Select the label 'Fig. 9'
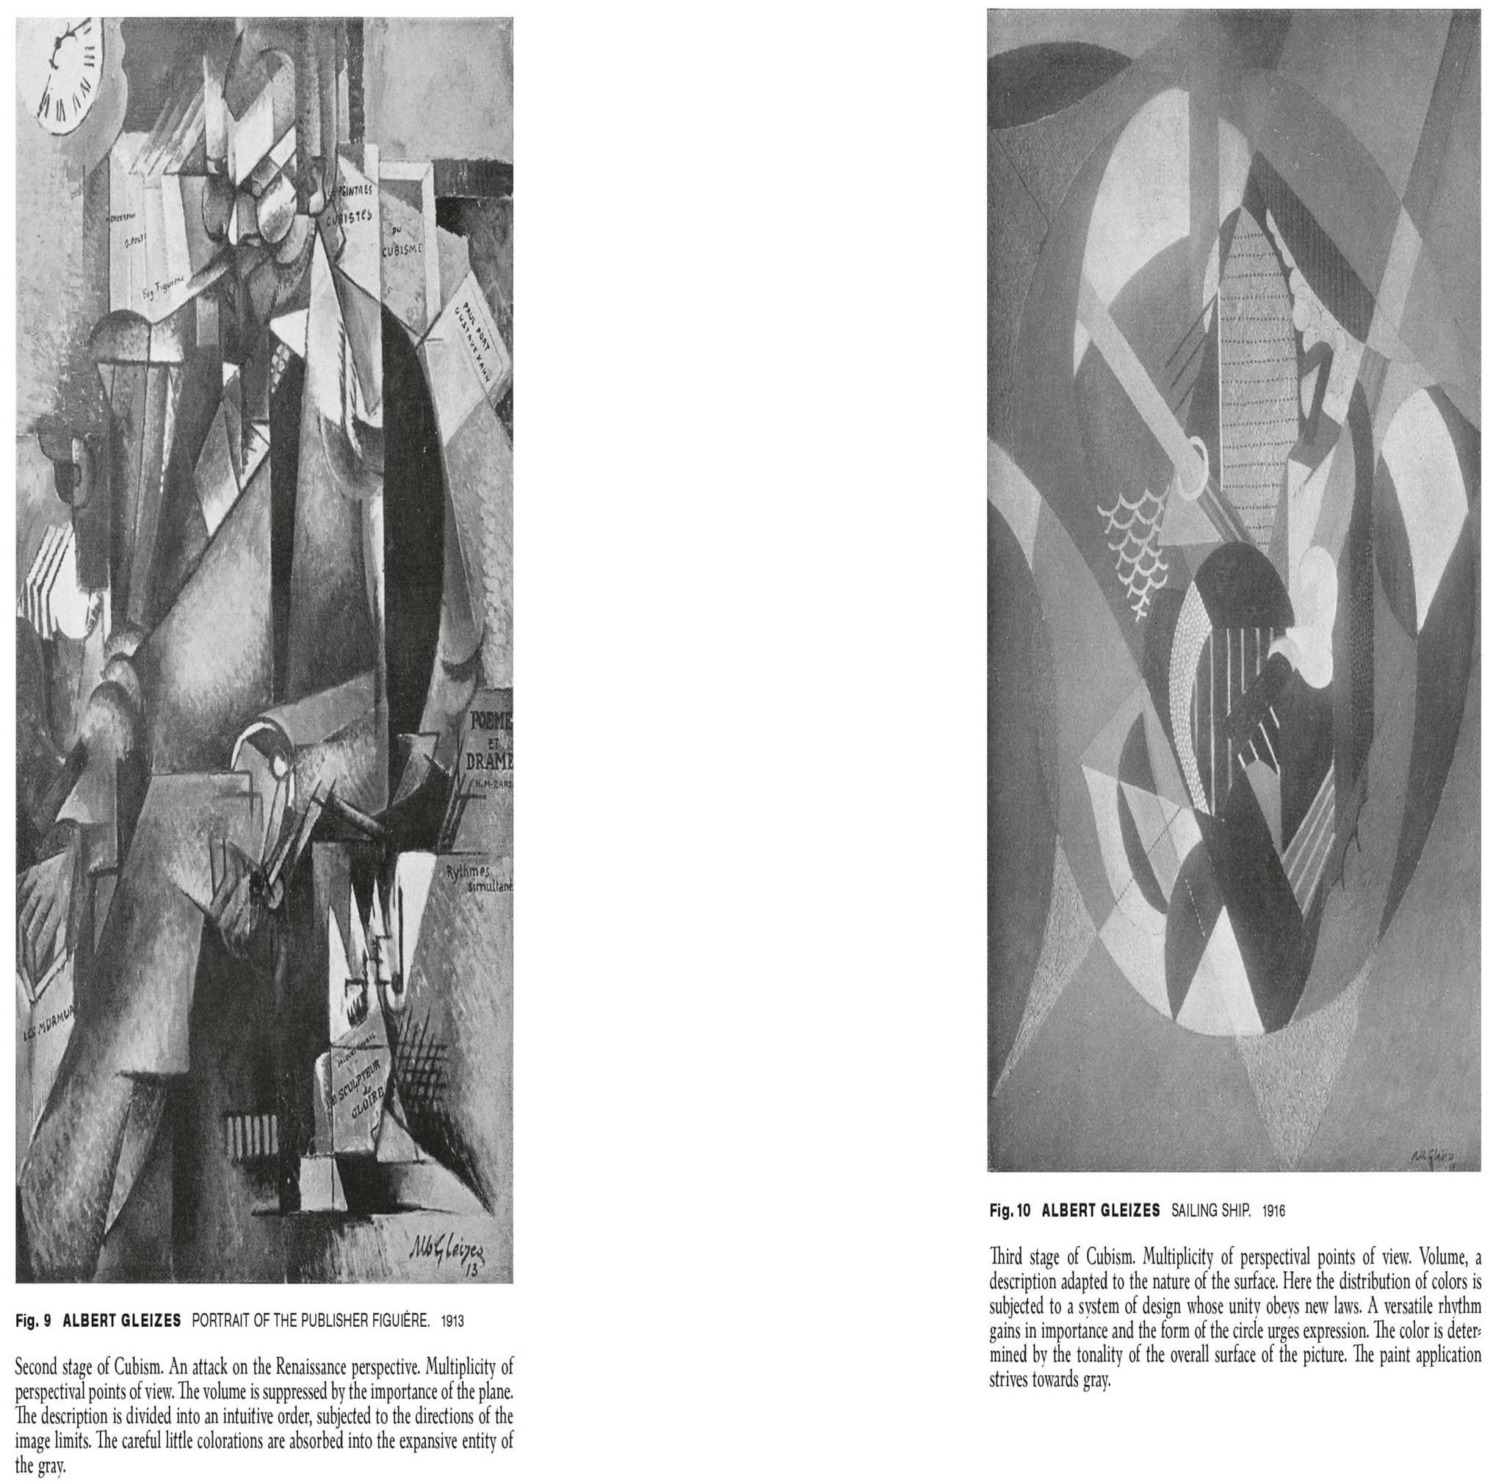(33, 1320)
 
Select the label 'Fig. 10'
(1010, 1211)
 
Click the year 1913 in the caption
(452, 1321)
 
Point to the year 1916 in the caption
(1273, 1211)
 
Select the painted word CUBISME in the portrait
(402, 249)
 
